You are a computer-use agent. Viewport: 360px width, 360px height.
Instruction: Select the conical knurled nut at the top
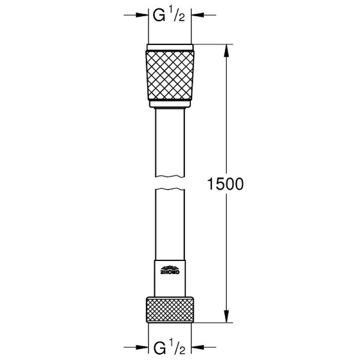coord(170,76)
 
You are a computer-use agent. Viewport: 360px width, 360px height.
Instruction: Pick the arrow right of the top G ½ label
coord(198,16)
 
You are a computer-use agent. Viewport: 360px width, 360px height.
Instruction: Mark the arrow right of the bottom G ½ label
coord(198,347)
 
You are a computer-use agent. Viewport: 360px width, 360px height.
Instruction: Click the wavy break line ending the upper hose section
coord(170,176)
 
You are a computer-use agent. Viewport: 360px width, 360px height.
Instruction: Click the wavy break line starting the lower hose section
coord(170,190)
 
